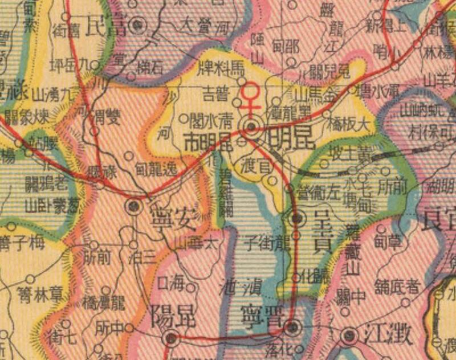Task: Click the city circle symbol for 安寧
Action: pos(135,206)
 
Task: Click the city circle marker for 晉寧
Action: pos(292,327)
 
